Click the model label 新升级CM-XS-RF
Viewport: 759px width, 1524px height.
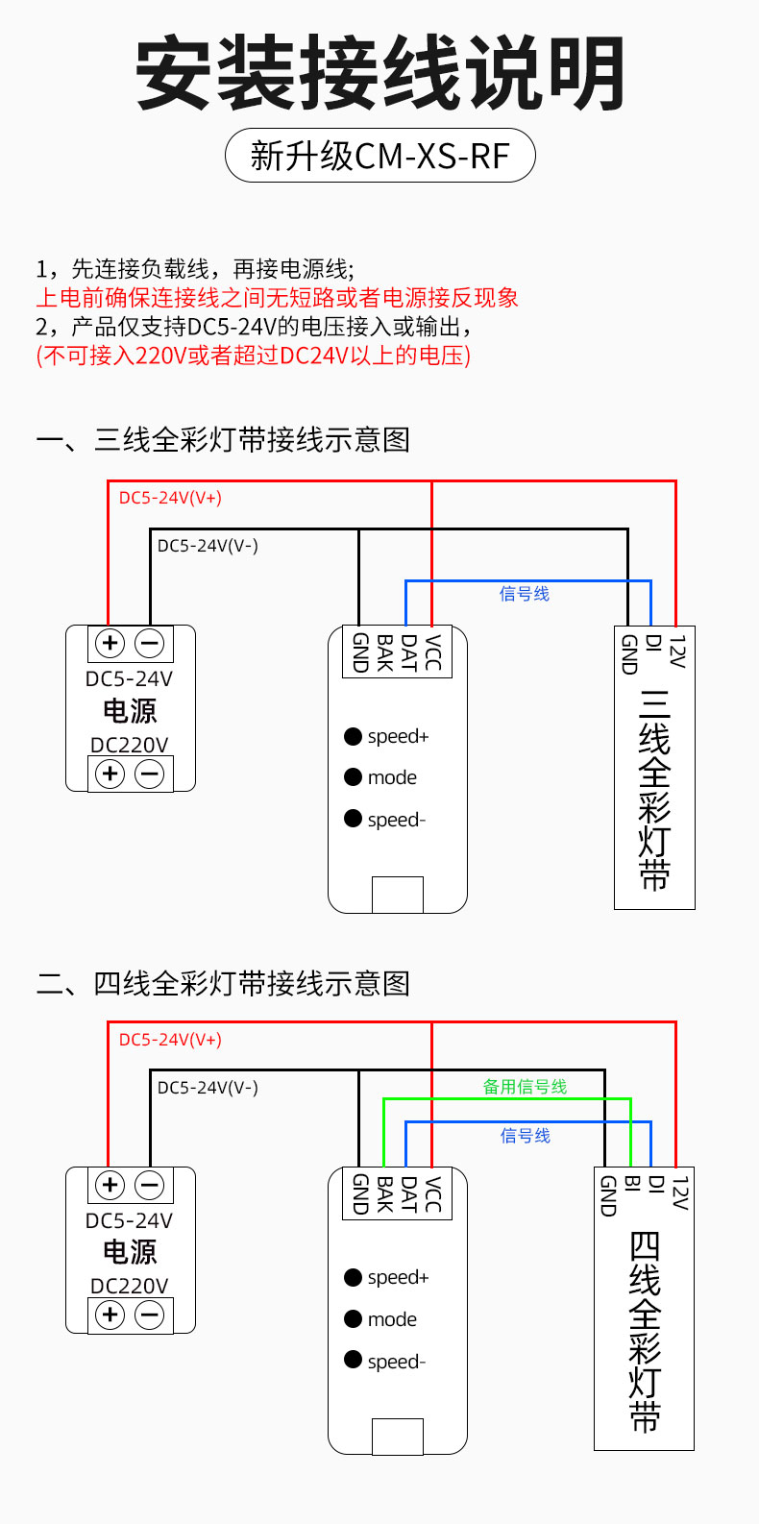379,156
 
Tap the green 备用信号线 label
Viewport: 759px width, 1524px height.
525,1087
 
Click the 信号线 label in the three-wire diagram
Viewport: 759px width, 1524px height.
525,594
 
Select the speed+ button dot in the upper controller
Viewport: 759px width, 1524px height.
354,737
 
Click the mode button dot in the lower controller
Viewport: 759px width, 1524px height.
354,1319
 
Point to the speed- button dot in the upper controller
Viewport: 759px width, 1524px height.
354,820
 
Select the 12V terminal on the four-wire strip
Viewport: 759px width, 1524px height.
679,1192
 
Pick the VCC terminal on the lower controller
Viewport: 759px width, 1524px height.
432,1193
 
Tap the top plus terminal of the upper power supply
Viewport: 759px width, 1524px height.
110,643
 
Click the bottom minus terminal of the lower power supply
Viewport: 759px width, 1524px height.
150,1315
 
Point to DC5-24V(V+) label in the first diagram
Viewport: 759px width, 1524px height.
170,498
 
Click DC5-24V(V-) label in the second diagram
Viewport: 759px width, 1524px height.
208,1088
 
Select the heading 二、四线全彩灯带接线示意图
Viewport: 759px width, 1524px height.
223,984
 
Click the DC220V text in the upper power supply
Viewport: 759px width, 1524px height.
130,745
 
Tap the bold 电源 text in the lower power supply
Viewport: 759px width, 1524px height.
130,1252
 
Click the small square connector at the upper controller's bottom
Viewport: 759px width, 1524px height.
398,895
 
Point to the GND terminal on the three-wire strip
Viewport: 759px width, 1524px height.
629,654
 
